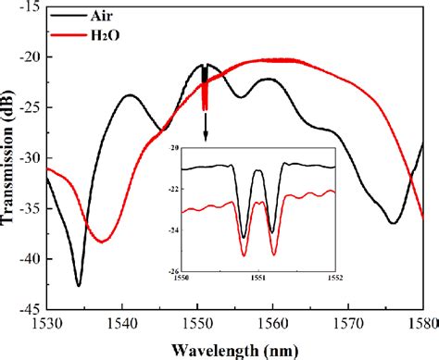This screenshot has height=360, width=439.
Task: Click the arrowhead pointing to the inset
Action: pos(205,139)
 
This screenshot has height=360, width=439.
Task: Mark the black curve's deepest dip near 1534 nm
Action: pos(78,285)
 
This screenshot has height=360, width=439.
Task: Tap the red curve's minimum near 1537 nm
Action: pos(102,242)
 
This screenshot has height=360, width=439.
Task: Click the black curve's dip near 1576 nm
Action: pos(394,223)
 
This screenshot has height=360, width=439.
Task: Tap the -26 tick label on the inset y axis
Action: pos(173,268)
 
